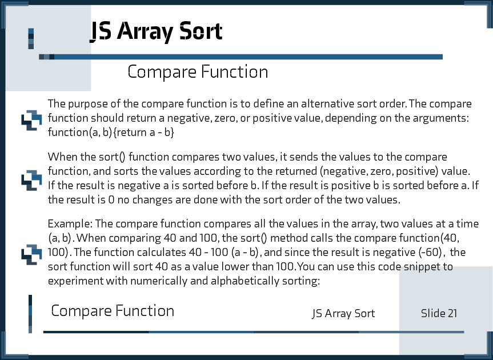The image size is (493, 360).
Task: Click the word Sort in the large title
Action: (x=201, y=31)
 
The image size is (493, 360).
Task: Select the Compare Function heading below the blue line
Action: (x=198, y=71)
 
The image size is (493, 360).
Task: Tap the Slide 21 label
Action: (x=439, y=313)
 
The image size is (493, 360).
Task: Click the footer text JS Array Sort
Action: (x=343, y=314)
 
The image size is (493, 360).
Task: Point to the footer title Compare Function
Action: (x=113, y=311)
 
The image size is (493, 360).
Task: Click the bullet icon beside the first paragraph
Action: (x=31, y=120)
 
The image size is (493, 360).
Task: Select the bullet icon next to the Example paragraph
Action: (x=31, y=254)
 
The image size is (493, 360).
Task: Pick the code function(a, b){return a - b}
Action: (x=111, y=133)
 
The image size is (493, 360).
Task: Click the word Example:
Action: (x=70, y=224)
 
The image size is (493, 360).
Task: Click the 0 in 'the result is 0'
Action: (x=111, y=200)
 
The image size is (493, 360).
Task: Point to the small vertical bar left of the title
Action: (x=31, y=39)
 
